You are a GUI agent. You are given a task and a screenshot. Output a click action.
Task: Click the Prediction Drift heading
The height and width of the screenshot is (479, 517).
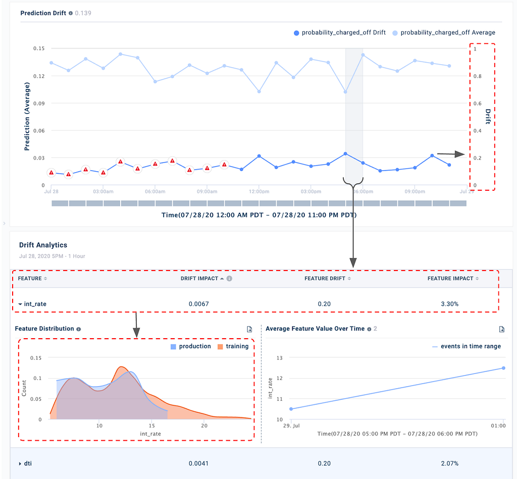(43, 13)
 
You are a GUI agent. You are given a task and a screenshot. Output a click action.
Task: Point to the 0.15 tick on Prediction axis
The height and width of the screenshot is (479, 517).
(39, 48)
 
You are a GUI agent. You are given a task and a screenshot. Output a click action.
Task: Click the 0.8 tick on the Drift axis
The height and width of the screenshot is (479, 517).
(477, 76)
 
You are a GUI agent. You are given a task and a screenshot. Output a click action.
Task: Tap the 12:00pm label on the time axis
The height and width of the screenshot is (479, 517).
(258, 192)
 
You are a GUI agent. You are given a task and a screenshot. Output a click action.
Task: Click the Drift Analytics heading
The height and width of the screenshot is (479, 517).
(43, 245)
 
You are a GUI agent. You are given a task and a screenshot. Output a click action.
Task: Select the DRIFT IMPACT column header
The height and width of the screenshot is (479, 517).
(199, 278)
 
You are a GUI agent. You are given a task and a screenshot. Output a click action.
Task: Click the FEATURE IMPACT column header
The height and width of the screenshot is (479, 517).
(450, 278)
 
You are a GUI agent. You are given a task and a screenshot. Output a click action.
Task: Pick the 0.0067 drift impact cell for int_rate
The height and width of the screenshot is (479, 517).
(199, 304)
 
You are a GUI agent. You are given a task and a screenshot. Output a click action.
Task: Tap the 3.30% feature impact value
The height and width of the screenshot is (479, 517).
(450, 304)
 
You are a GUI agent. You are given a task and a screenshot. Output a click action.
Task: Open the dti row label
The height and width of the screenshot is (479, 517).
(28, 463)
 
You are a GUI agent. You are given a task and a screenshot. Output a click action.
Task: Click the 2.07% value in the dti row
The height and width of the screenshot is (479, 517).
(450, 463)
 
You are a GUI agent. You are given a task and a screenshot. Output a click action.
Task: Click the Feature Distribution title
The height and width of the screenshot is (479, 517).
(44, 329)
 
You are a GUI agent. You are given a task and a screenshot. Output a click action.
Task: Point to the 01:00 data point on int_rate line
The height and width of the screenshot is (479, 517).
(503, 368)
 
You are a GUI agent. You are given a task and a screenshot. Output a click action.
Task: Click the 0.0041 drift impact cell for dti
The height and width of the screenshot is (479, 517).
(199, 463)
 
